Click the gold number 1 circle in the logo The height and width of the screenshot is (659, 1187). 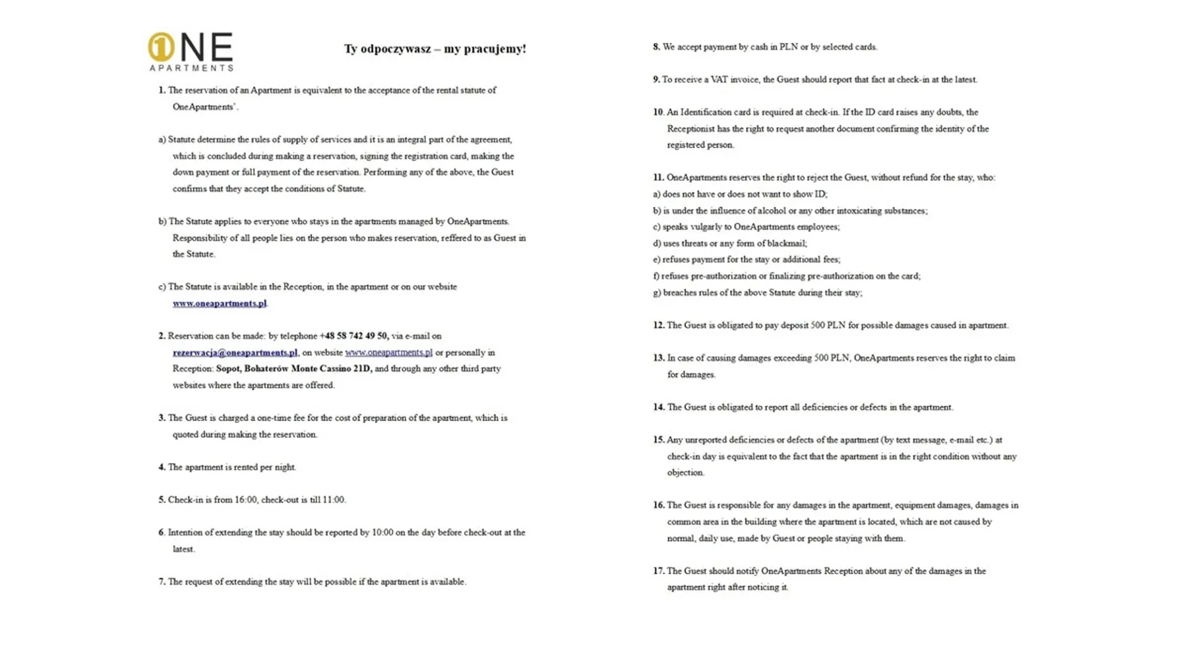[x=161, y=47]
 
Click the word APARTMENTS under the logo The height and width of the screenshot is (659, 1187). [x=191, y=67]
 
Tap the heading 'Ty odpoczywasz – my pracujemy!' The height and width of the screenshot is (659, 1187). [x=435, y=49]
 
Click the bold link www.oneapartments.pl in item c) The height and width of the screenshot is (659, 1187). [x=220, y=304]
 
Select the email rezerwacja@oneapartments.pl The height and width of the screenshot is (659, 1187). [x=235, y=353]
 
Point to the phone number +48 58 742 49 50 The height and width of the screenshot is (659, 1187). [x=354, y=336]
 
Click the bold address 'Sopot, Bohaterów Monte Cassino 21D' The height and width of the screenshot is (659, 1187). [x=293, y=369]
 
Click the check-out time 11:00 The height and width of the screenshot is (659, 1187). [x=333, y=500]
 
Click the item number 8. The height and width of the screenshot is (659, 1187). [x=656, y=47]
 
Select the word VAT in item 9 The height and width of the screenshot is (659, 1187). [x=719, y=80]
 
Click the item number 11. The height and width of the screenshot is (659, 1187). [x=658, y=178]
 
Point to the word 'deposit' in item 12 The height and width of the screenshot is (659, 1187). [x=789, y=326]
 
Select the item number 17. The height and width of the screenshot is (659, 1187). [x=658, y=571]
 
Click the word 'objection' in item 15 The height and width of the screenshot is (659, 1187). [x=685, y=473]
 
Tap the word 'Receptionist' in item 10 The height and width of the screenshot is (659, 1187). [x=690, y=129]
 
